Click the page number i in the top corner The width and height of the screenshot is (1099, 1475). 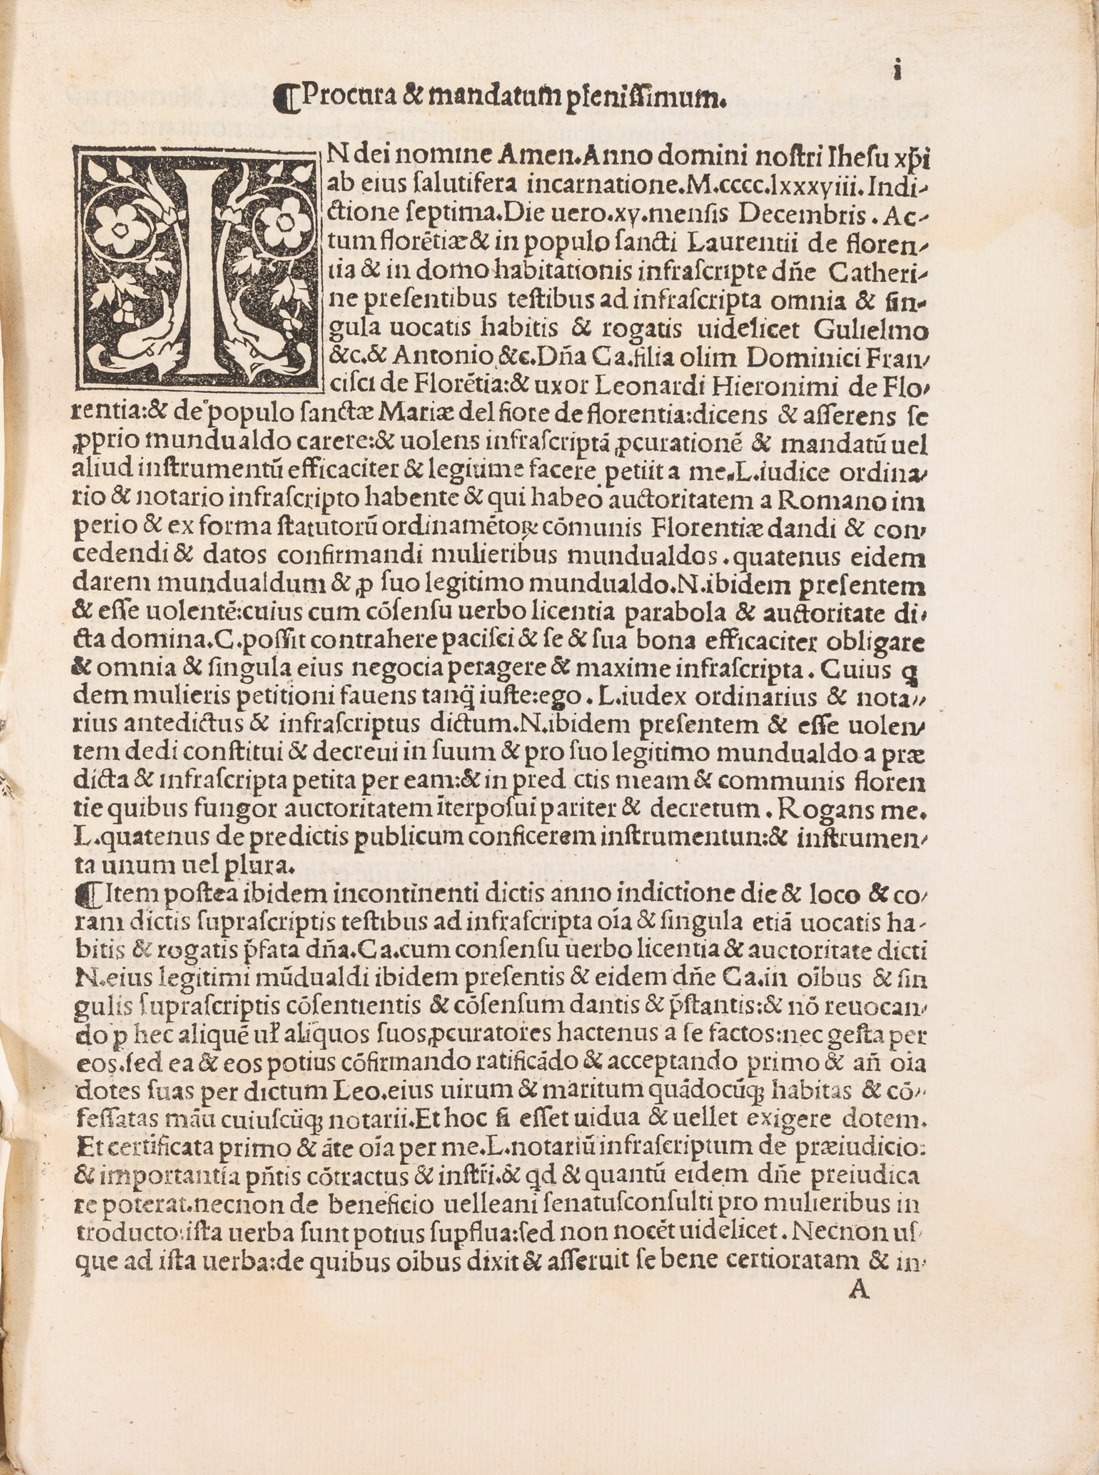[897, 69]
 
